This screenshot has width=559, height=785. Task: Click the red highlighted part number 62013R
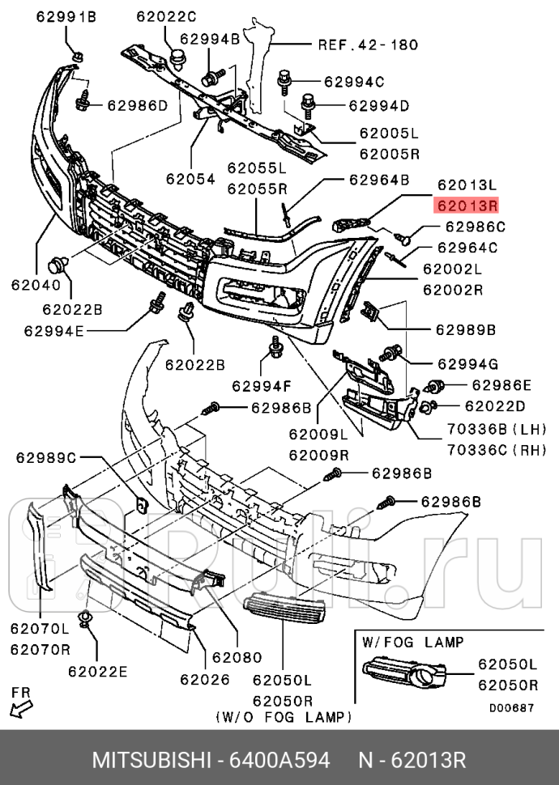(467, 205)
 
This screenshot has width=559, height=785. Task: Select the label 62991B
(65, 16)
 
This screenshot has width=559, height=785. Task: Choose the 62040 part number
(35, 284)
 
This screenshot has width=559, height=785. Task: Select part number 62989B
(466, 329)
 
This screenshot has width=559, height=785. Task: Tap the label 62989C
(46, 458)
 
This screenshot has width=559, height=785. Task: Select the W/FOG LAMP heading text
(413, 642)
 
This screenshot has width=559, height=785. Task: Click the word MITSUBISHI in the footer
(151, 760)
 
